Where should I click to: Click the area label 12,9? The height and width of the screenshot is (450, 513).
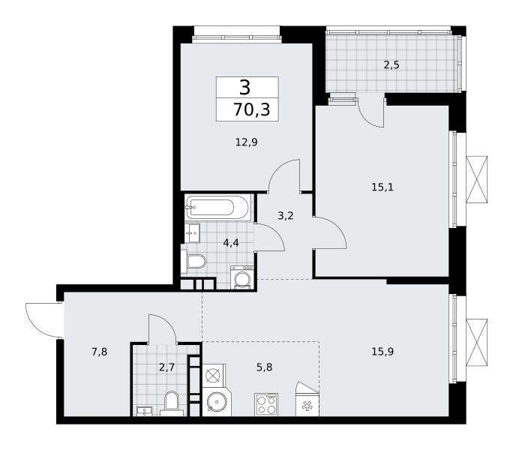tap(247, 142)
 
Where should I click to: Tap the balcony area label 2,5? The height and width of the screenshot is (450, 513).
tap(391, 65)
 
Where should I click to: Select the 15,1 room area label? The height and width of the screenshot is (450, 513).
tap(382, 187)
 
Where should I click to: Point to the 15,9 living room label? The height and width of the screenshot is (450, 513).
tap(382, 352)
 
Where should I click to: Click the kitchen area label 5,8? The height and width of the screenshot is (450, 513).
tap(264, 367)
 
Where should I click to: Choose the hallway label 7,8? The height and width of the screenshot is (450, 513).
tap(100, 352)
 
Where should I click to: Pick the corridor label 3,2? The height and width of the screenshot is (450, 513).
tap(286, 216)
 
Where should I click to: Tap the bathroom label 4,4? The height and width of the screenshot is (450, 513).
tap(231, 243)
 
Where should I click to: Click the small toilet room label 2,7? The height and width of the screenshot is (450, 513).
tap(166, 367)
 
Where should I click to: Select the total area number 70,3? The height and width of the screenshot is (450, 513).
tap(251, 109)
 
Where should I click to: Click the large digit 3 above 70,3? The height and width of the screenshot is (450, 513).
tap(245, 88)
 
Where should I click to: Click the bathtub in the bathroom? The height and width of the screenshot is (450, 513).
tap(217, 207)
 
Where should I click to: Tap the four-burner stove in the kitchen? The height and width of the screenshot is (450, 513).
tap(266, 404)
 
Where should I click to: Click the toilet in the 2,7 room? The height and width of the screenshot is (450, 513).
tap(172, 403)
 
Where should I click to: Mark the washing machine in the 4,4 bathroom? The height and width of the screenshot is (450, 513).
tap(242, 277)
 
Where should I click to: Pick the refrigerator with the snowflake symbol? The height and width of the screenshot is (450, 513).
tap(307, 399)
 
